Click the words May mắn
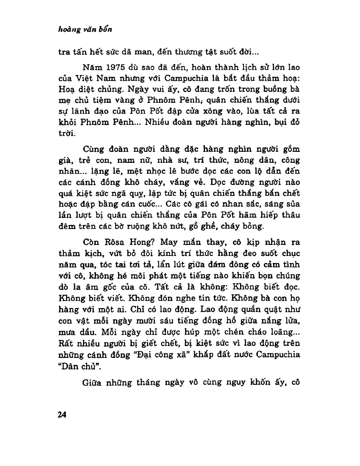point(177,242)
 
